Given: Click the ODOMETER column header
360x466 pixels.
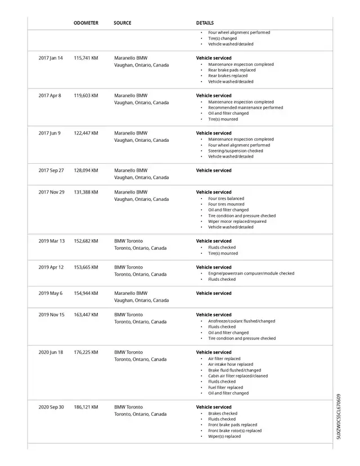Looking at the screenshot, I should tap(86, 23).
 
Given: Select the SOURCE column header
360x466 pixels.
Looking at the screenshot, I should tap(122, 23).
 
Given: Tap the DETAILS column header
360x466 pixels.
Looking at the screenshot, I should tap(205, 23).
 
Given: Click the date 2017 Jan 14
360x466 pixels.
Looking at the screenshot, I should tap(51, 58).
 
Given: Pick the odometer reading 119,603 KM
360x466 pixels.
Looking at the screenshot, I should tap(86, 96).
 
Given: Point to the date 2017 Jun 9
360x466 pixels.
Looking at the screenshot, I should tap(49, 133).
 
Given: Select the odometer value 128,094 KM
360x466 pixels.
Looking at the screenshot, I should tap(86, 171).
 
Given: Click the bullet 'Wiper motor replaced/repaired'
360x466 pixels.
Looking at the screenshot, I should tap(237, 221).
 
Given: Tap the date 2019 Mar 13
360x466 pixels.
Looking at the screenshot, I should tap(51, 241).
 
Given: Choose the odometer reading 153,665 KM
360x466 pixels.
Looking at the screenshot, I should tap(86, 267).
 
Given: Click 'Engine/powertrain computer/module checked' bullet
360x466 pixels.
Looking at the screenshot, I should tap(251, 274).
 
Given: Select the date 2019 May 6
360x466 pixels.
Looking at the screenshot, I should tap(51, 293).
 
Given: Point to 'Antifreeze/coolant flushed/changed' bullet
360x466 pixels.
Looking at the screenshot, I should tap(242, 321).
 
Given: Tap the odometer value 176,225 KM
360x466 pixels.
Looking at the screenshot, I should tap(86, 352).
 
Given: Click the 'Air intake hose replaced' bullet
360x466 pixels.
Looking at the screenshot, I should tap(231, 364).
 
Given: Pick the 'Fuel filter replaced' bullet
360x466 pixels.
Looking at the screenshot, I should tap(226, 387).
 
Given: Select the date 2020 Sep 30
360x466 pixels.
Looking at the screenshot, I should tap(51, 407).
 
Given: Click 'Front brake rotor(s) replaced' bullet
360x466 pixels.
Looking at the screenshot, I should tap(235, 431).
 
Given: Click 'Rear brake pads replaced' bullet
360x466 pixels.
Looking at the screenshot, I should tap(232, 70).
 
